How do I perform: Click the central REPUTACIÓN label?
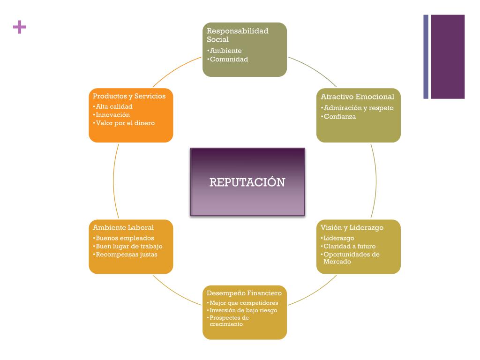coord(247,182)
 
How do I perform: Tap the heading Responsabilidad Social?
coord(238,35)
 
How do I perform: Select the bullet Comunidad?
coord(229,60)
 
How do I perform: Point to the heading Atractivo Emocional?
coord(358,97)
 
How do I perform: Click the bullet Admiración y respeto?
coord(359,108)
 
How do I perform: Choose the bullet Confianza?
coord(340,117)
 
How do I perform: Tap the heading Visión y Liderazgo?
coord(352,228)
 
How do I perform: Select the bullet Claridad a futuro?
coord(350,246)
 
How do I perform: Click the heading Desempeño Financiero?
coord(244,293)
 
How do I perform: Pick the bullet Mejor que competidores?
coord(244,303)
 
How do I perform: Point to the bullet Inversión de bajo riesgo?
coord(243,310)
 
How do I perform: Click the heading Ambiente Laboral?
coord(123,228)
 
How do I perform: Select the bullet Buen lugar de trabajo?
coord(129,246)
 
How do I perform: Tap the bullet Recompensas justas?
coord(126,255)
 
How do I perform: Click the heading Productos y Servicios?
coord(129,96)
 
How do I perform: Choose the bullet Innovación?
coord(112,115)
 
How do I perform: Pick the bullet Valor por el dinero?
coord(125,123)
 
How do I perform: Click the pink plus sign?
coord(20,27)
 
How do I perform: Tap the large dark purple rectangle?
coord(448,57)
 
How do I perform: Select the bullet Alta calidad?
coord(114,106)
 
